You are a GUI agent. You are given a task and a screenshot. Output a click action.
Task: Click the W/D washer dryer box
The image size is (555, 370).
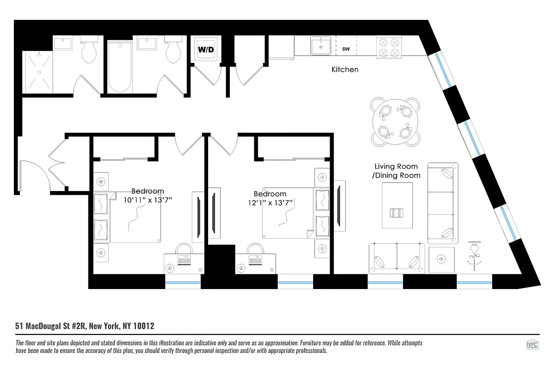click(206, 49)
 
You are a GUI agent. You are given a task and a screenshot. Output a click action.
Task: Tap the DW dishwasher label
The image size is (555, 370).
click(346, 49)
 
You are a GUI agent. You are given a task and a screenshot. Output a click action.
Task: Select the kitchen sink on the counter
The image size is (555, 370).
click(321, 47)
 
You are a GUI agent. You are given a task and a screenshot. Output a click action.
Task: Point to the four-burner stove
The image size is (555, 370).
click(389, 47)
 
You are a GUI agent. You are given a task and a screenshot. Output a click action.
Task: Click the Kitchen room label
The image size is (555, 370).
click(345, 70)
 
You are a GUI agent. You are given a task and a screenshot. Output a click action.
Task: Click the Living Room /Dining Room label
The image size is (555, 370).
click(396, 171)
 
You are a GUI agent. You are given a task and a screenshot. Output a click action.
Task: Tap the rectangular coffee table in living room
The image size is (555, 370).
click(397, 205)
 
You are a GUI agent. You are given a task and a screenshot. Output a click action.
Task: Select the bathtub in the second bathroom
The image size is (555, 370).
click(121, 67)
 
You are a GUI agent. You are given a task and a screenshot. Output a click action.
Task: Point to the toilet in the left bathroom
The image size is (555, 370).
click(89, 50)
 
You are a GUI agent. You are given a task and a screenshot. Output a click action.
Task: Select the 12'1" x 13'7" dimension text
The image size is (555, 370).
click(270, 203)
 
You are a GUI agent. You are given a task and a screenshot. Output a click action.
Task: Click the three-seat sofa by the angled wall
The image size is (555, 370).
click(443, 203)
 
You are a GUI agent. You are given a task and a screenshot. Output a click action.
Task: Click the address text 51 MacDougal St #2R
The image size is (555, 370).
click(51, 326)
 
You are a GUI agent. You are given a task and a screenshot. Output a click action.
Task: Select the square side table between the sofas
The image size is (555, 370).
click(442, 259)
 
